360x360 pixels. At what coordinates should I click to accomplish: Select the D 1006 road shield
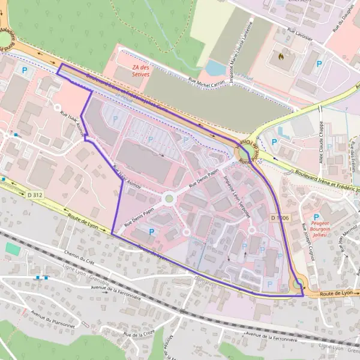coord(280,217)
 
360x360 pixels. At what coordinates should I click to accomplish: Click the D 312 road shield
coord(35,195)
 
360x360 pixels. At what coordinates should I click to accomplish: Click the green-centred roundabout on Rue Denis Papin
coord(169,198)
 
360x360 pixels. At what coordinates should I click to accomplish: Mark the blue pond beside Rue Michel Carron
coord(215,67)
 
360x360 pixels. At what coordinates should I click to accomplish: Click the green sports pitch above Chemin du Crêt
coord(13,248)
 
